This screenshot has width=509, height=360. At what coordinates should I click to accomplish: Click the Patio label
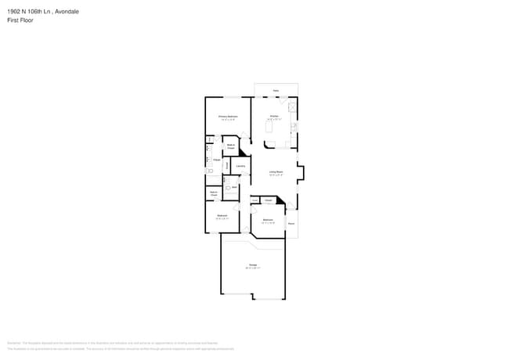pyautogui.click(x=276, y=91)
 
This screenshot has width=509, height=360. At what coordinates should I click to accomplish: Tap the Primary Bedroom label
pyautogui.click(x=228, y=116)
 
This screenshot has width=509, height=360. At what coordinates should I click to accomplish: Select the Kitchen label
pyautogui.click(x=274, y=116)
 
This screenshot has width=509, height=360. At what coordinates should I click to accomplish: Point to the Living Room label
pyautogui.click(x=276, y=171)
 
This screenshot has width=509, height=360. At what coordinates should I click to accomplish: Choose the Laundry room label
pyautogui.click(x=240, y=165)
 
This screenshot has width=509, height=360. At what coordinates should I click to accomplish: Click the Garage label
pyautogui.click(x=253, y=265)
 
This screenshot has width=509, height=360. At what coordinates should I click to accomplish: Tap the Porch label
pyautogui.click(x=291, y=224)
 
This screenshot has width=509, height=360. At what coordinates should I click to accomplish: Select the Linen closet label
pyautogui.click(x=254, y=200)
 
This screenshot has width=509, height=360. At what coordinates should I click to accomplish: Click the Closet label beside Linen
pyautogui.click(x=268, y=200)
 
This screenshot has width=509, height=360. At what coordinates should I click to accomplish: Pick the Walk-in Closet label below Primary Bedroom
pyautogui.click(x=231, y=146)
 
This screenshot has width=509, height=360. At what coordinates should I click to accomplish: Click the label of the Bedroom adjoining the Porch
pyautogui.click(x=268, y=220)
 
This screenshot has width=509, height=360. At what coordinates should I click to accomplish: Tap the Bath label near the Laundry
pyautogui.click(x=234, y=187)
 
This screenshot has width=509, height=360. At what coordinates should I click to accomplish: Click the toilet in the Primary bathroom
pyautogui.click(x=209, y=170)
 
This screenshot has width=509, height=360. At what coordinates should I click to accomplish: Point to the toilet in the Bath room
pyautogui.click(x=227, y=189)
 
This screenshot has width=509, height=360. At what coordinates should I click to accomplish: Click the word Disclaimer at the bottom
pyautogui.click(x=13, y=343)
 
